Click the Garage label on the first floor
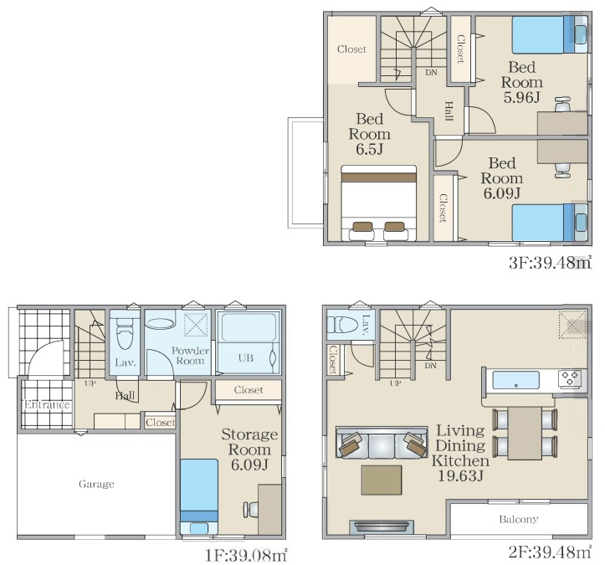[x=96, y=484]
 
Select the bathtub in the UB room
[x=249, y=327]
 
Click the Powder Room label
[x=190, y=356]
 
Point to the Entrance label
[x=47, y=404]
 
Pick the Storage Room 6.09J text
[x=249, y=449]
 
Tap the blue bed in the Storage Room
[x=199, y=496]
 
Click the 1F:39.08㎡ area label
[x=246, y=555]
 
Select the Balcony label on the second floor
[x=519, y=519]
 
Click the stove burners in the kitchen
[x=571, y=378]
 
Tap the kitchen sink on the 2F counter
[x=515, y=381]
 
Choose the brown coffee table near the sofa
[x=382, y=480]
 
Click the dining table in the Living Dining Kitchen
[x=525, y=433]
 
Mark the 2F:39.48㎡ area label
[x=550, y=552]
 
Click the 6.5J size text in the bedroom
[x=369, y=149]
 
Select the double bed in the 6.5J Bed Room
[x=378, y=203]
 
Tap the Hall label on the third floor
[x=449, y=111]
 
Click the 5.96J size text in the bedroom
[x=521, y=97]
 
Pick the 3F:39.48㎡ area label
[x=551, y=263]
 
